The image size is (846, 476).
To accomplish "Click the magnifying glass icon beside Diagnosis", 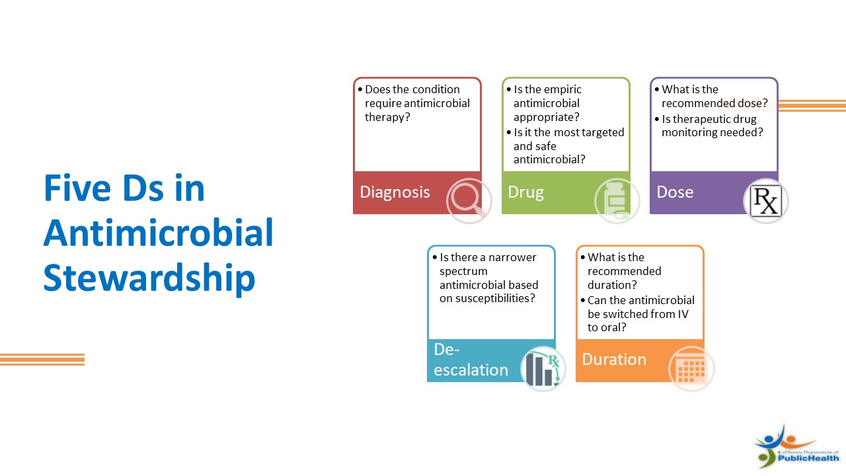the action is pos(469,200).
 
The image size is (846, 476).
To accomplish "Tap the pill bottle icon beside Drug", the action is pos(617,200).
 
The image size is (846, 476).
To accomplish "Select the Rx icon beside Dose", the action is pos(765,200).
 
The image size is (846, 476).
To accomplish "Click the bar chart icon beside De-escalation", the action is pos(543,368).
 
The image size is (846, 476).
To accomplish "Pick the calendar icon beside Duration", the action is pos(691,368).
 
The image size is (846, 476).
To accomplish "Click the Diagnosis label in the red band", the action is pos(395,192).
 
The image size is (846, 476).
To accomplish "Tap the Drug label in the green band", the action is pos(525,192).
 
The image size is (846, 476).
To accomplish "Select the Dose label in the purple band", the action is pos(675,192).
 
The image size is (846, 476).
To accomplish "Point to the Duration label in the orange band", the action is pos(614,359).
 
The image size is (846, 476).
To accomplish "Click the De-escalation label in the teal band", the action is pos(471,360).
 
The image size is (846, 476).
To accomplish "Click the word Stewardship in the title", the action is pos(149,278).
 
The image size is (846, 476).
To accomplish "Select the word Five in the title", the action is pos(77,188).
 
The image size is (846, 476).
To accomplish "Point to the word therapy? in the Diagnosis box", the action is pos(387,118).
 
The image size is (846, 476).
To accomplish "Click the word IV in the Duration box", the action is pos(683,314).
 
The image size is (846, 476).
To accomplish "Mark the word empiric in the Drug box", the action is pos(562,90).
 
